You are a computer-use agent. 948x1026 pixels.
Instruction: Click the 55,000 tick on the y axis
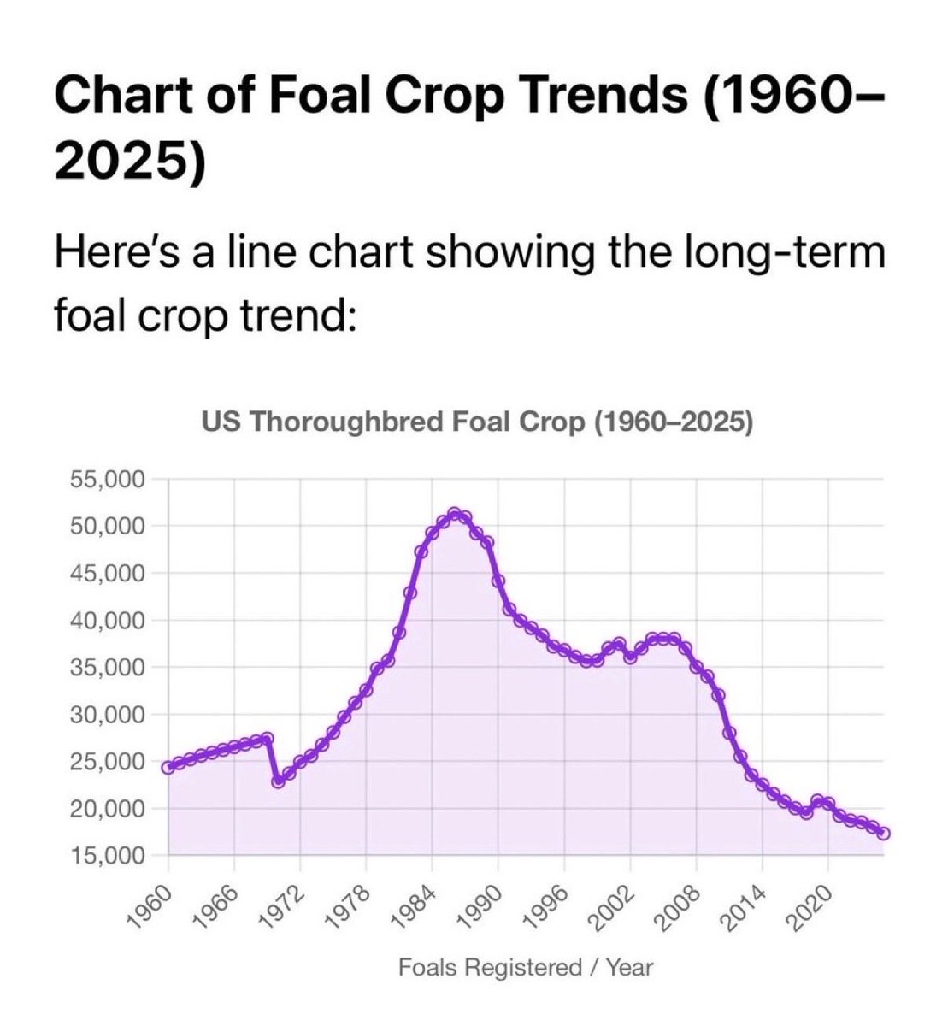click(108, 479)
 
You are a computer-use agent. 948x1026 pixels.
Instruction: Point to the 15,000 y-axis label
click(108, 855)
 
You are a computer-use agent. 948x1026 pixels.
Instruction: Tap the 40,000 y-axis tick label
click(108, 620)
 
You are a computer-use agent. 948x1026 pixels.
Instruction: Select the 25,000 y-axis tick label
click(108, 761)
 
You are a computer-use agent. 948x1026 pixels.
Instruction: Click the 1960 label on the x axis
click(156, 907)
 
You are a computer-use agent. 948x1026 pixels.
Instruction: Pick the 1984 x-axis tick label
click(419, 907)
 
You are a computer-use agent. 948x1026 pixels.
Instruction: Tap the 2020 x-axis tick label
click(814, 907)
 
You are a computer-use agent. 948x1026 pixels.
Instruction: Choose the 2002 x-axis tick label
click(616, 907)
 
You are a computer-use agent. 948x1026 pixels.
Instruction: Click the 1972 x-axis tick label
click(287, 907)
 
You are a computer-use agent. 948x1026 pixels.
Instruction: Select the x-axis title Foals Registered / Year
click(525, 968)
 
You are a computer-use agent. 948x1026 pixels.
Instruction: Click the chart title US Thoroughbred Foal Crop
click(477, 422)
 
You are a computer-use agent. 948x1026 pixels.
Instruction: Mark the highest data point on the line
click(455, 514)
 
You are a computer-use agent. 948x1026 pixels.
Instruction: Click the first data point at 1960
click(168, 767)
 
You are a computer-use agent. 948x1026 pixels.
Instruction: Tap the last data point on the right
click(883, 834)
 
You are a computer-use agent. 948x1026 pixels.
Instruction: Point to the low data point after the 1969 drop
click(278, 781)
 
